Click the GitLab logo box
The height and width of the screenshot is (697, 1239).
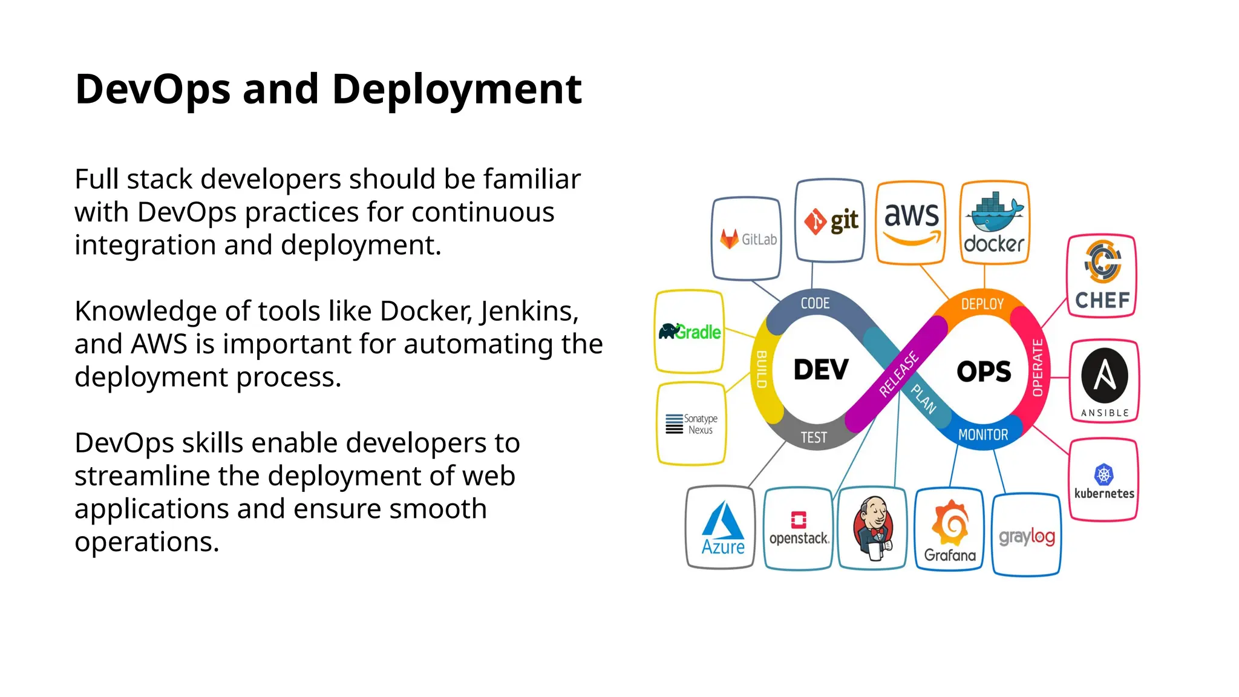pos(747,238)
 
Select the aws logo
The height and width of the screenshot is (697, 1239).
pos(911,223)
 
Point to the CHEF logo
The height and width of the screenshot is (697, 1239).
pos(1102,277)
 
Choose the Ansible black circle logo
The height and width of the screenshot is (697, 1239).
pos(1105,376)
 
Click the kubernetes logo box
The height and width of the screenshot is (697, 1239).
pos(1104,480)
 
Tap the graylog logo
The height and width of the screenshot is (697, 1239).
pos(1027,536)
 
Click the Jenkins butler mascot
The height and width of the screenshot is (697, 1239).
pos(872,528)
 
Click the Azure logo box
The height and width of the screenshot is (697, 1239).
pos(722,528)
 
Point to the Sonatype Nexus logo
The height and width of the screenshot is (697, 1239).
pos(691,424)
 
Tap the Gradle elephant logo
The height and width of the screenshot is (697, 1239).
pos(690,332)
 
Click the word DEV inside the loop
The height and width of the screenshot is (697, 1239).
pos(821,370)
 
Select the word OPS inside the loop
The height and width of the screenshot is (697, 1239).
pos(984,371)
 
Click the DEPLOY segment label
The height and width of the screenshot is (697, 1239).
pos(982,304)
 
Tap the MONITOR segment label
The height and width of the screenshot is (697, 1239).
pos(983,435)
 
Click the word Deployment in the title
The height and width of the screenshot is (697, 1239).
pos(457,90)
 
